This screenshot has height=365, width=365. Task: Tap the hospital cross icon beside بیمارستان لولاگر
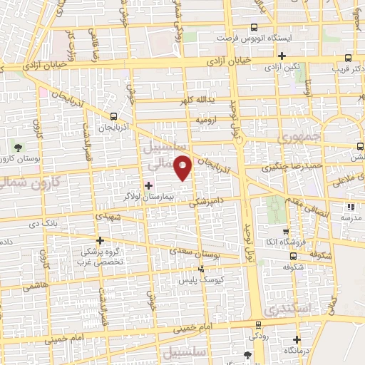click(x=148, y=186)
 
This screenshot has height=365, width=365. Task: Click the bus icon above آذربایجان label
click(x=114, y=116)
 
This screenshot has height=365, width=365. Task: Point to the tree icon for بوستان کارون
click(x=17, y=148)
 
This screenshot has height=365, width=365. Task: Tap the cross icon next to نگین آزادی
click(x=282, y=56)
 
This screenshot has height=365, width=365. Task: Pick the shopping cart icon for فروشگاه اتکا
click(x=285, y=232)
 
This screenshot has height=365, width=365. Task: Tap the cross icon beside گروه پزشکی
click(x=101, y=240)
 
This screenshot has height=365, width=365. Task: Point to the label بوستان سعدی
click(x=193, y=252)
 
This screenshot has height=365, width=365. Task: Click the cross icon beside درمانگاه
click(x=297, y=341)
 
